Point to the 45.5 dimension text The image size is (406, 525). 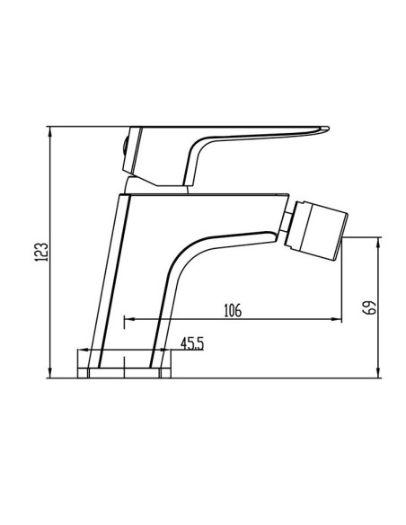[x=191, y=343]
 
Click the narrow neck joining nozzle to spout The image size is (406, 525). [x=284, y=228]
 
